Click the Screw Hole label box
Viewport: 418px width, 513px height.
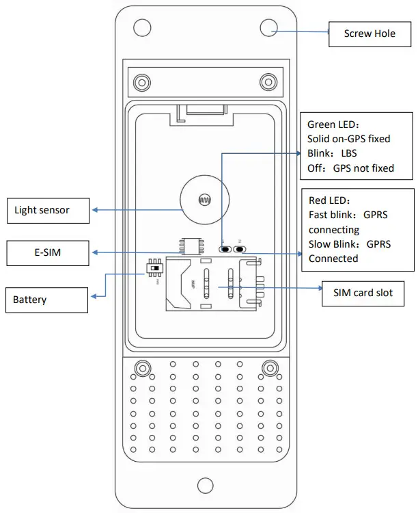click(x=370, y=34)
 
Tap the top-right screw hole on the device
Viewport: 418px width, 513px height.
click(x=268, y=27)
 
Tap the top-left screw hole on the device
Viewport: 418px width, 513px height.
click(x=141, y=27)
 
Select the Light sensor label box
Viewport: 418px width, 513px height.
click(x=48, y=210)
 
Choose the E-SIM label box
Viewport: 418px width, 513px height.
click(x=48, y=253)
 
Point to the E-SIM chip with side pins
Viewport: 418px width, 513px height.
click(x=192, y=246)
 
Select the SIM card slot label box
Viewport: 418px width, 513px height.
click(x=363, y=293)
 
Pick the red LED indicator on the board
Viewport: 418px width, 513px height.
click(x=240, y=249)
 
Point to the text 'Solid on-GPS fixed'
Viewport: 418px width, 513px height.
click(x=349, y=139)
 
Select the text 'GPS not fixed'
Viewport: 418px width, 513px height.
click(x=363, y=168)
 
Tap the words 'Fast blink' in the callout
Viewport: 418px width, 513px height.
click(x=331, y=215)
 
